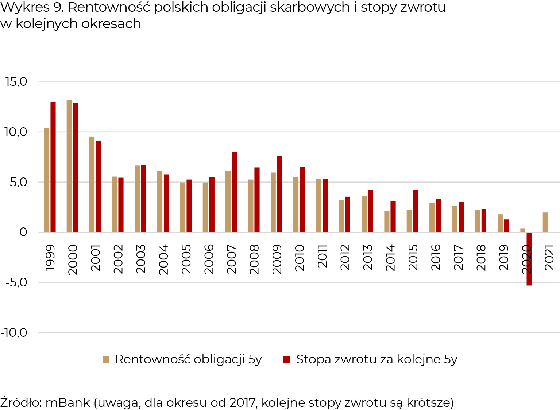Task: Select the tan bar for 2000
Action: [x=69, y=166]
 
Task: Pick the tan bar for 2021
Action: [x=545, y=222]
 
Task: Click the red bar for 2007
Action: [x=234, y=192]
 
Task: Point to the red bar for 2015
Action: [x=416, y=211]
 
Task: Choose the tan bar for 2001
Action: [x=92, y=184]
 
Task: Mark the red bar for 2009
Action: [x=280, y=194]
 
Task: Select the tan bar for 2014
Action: [x=387, y=222]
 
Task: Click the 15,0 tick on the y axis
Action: [x=16, y=82]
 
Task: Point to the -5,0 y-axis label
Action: [x=16, y=282]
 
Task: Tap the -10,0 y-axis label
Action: [x=14, y=333]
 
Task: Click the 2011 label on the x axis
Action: [x=322, y=256]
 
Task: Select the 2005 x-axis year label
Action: [x=186, y=259]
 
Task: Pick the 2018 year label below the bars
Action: [x=481, y=258]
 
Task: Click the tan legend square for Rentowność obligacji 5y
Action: [x=106, y=360]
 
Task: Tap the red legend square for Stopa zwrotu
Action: [x=287, y=360]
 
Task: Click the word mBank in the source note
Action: [x=68, y=402]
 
